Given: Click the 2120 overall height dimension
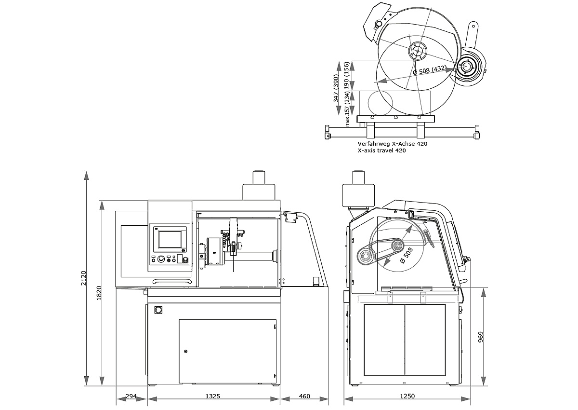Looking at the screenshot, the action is tap(84, 278).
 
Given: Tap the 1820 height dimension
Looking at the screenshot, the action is tap(99, 293).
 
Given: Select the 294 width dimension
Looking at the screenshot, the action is tap(131, 396).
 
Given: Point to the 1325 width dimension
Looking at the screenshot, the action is tap(212, 396).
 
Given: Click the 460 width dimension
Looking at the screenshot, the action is tap(304, 396).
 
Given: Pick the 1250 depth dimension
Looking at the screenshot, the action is tap(407, 396).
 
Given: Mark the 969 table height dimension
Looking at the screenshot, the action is tap(481, 337).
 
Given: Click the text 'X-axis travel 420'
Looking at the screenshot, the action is tap(381, 150).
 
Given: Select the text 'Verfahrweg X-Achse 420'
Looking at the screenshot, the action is tap(393, 144).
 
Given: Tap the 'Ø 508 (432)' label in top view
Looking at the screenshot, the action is tap(430, 70).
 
